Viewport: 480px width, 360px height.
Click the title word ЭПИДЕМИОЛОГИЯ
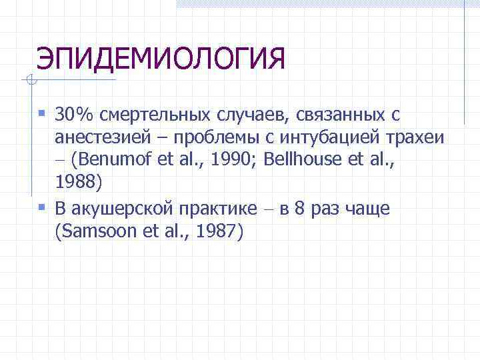point(161,59)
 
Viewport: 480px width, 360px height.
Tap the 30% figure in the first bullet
point(75,115)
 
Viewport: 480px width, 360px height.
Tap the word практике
point(218,209)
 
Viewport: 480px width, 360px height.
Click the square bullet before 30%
point(43,115)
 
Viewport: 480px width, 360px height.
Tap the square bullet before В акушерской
point(43,208)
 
